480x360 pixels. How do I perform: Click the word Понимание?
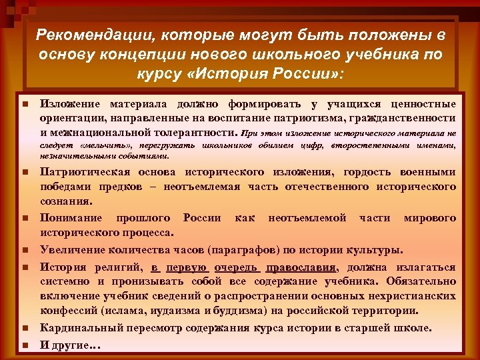pyautogui.click(x=71, y=218)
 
